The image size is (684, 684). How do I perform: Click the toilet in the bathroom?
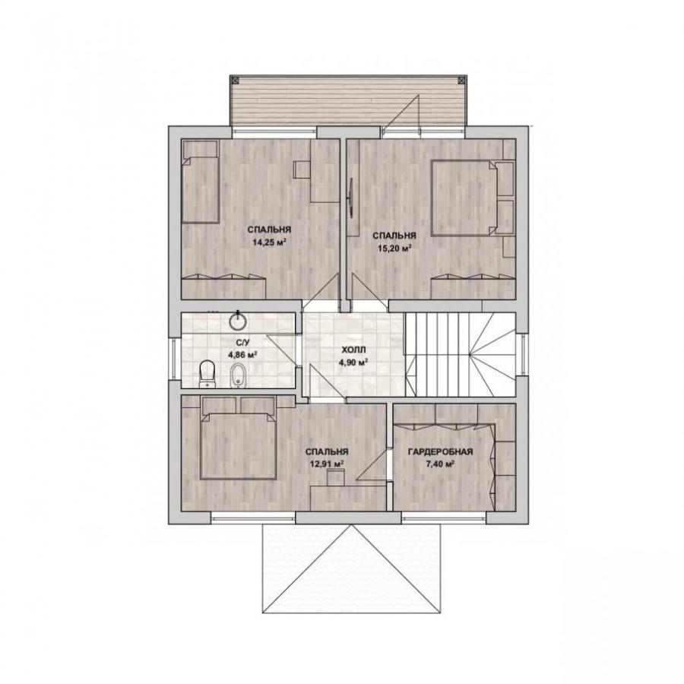[x=207, y=374]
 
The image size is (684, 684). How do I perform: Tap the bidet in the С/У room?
[x=238, y=375]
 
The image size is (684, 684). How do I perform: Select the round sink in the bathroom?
[x=238, y=321]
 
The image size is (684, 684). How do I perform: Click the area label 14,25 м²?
[x=269, y=242]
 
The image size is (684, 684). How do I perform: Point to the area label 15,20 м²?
[x=394, y=249]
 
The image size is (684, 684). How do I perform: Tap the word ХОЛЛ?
[x=353, y=350]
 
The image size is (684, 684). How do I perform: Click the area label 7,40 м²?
[x=440, y=464]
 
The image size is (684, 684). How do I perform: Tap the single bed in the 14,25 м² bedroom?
[x=200, y=182]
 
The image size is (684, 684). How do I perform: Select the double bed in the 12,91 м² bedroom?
[x=238, y=445]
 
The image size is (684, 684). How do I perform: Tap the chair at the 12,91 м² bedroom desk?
[x=336, y=477]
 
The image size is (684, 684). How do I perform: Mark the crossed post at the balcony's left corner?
[x=235, y=80]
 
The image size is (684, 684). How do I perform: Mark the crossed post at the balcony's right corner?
[x=462, y=80]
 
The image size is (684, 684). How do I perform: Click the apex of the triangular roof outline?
[x=352, y=525]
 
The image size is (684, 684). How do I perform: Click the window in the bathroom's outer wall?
[x=173, y=359]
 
